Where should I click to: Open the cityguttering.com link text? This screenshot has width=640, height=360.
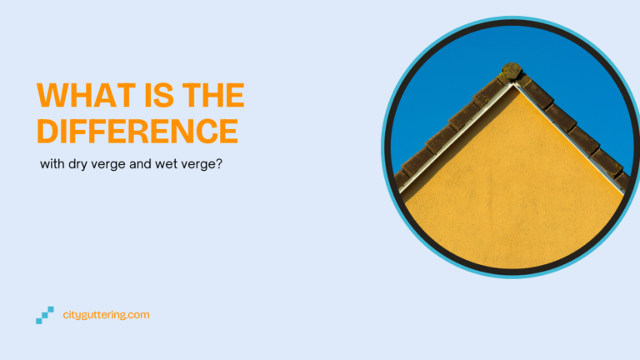106,315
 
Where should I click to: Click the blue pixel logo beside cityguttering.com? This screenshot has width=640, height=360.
45,315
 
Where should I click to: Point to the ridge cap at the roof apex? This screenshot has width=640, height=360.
511,71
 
